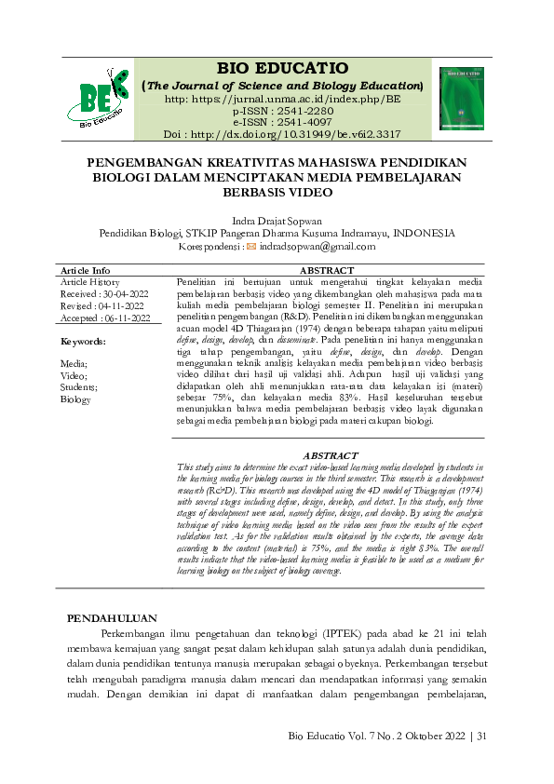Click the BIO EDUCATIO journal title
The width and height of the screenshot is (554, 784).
282,69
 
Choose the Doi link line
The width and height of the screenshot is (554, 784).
282,133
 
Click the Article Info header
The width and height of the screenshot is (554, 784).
86,270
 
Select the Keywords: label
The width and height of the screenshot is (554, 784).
83,342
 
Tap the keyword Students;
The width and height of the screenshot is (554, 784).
80,385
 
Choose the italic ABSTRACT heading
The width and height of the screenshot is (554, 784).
331,455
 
